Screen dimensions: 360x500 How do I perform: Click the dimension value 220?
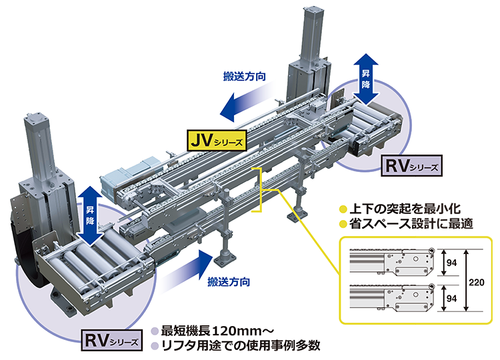pos(475,282)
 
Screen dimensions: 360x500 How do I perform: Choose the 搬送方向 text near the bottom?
pos(229,282)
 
